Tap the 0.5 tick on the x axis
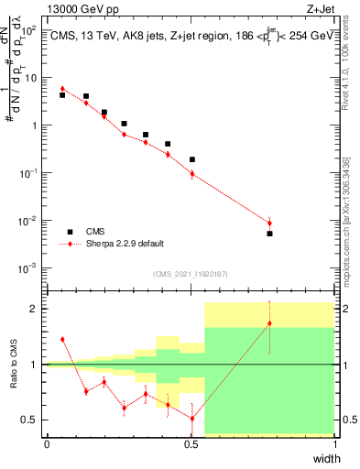(x=191, y=444)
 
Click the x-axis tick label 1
(x=335, y=444)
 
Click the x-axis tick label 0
(x=47, y=444)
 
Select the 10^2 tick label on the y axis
(x=30, y=30)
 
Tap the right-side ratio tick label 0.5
(x=349, y=420)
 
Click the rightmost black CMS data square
(x=269, y=234)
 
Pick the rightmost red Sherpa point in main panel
(x=269, y=223)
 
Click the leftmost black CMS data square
(x=62, y=94)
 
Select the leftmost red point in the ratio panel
(x=62, y=339)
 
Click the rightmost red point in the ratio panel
(x=269, y=323)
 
